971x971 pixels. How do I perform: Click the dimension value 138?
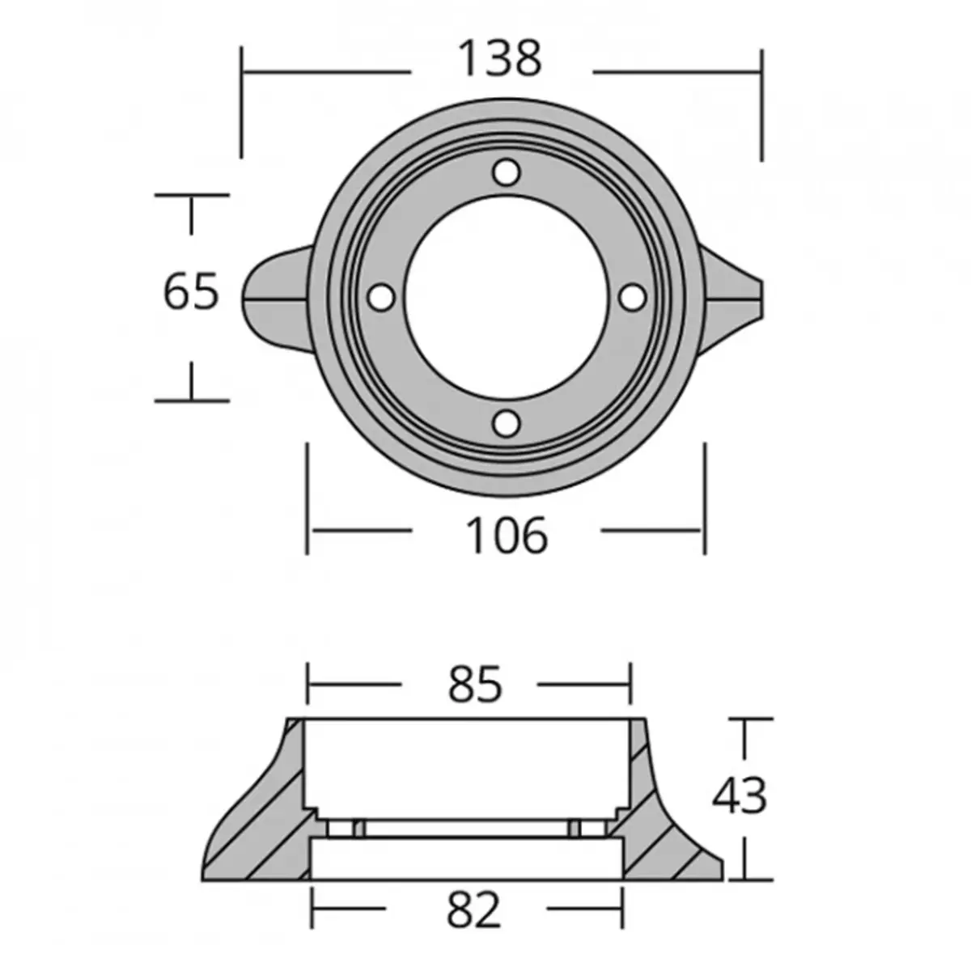(500, 59)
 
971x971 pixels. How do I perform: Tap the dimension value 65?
(191, 292)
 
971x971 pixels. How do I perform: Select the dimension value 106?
(507, 536)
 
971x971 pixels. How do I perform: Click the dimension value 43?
(739, 796)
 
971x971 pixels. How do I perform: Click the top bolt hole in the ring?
(507, 172)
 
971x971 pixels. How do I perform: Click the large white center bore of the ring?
(507, 297)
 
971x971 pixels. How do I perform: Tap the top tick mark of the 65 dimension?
(192, 195)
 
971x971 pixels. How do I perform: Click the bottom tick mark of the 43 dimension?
(745, 880)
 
